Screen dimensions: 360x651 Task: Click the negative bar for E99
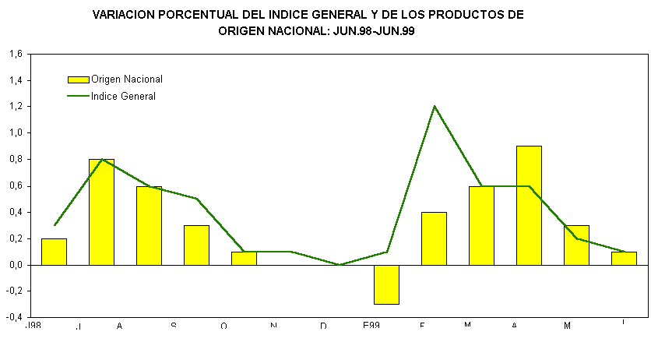[x=386, y=284]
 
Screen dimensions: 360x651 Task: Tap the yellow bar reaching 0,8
[x=101, y=212]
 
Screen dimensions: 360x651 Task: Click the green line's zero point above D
[x=339, y=265]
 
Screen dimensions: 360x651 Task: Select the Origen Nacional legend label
[x=126, y=79]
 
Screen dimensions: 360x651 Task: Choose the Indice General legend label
[x=123, y=97]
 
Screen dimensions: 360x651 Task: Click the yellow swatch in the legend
[x=79, y=79]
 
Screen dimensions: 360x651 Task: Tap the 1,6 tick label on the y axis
[x=16, y=55]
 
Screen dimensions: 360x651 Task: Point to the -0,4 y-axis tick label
[x=15, y=318]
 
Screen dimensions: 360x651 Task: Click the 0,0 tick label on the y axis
[x=16, y=265]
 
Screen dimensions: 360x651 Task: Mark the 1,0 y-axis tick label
[x=16, y=133]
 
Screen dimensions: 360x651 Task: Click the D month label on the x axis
[x=323, y=326]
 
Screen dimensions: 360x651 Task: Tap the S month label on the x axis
[x=174, y=326]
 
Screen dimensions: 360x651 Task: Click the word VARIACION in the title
[x=128, y=15]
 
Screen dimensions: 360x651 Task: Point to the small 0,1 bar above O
[x=244, y=258]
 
